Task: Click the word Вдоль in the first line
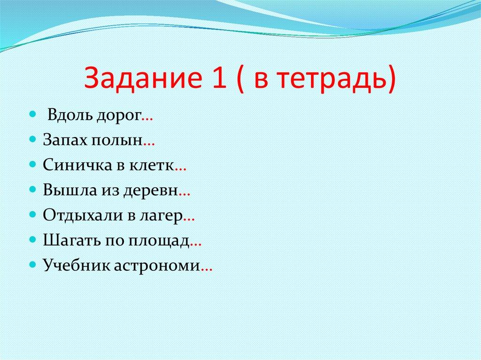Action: [70, 115]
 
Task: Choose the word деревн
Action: [151, 191]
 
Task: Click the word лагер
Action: [160, 216]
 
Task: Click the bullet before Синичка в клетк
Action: [32, 165]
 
